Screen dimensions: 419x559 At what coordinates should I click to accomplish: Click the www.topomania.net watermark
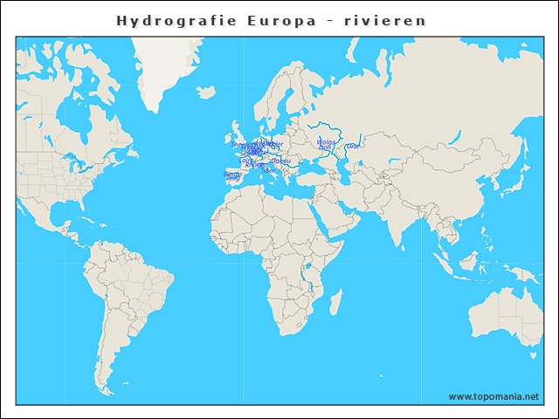pyautogui.click(x=493, y=396)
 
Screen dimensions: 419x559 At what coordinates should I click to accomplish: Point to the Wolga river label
pyautogui.click(x=326, y=141)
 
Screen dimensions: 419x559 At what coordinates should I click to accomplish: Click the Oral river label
pyautogui.click(x=352, y=146)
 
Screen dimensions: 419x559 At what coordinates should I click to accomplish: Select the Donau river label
pyautogui.click(x=280, y=161)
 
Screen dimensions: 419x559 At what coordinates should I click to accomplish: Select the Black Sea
pyautogui.click(x=310, y=166)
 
